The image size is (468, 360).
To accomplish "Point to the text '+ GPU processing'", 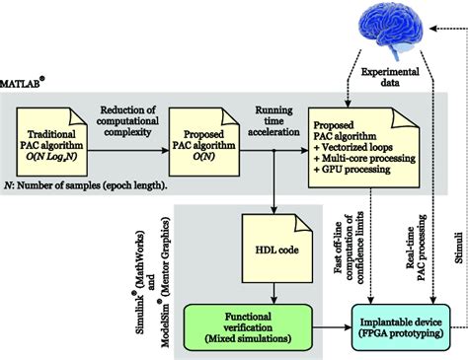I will (x=357, y=170).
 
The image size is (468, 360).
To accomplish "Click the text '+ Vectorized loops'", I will (x=360, y=142).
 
